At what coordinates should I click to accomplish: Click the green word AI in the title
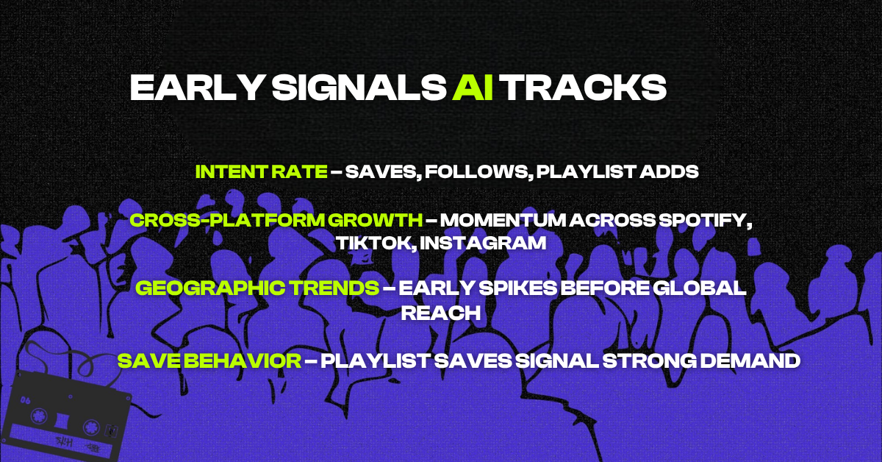pyautogui.click(x=473, y=88)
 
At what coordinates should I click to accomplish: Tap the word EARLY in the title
pyautogui.click(x=196, y=88)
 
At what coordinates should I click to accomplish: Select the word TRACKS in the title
pyautogui.click(x=584, y=88)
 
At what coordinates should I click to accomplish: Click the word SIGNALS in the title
pyautogui.click(x=359, y=88)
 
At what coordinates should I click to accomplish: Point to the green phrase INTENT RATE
pyautogui.click(x=262, y=171)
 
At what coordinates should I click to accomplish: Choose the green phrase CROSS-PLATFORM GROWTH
pyautogui.click(x=276, y=220)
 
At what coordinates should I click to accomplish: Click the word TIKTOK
pyautogui.click(x=376, y=244)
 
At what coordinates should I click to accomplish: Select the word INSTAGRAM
pyautogui.click(x=483, y=244)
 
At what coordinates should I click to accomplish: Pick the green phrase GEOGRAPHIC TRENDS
pyautogui.click(x=257, y=288)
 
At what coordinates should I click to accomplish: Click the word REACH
pyautogui.click(x=441, y=313)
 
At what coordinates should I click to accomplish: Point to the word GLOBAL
pyautogui.click(x=700, y=288)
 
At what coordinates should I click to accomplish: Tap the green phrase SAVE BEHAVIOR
pyautogui.click(x=209, y=361)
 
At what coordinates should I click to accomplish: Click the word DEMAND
pyautogui.click(x=750, y=361)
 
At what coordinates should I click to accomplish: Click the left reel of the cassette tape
pyautogui.click(x=39, y=416)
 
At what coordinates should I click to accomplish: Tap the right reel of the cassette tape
pyautogui.click(x=91, y=427)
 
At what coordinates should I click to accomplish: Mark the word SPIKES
pyautogui.click(x=517, y=288)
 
